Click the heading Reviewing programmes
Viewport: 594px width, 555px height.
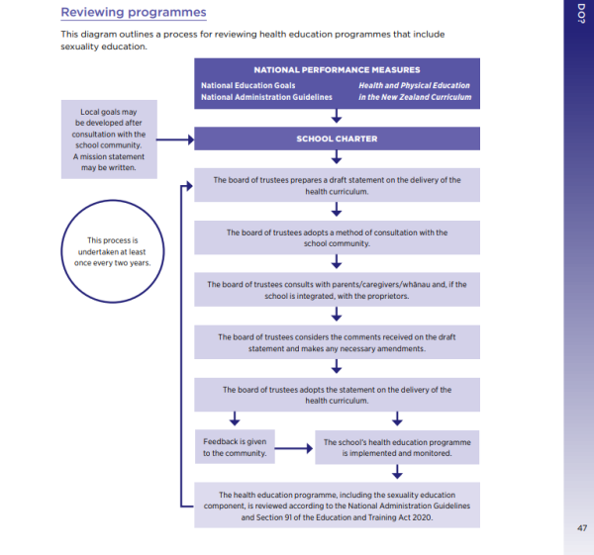point(134,13)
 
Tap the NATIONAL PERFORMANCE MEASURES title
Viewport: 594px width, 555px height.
point(337,70)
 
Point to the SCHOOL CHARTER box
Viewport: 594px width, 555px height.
point(337,139)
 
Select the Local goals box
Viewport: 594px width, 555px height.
point(110,139)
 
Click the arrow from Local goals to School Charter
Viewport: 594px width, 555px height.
point(174,139)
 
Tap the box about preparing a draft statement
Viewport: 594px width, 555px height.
point(337,185)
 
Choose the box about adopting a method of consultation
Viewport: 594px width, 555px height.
point(337,237)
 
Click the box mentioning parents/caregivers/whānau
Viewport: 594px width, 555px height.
point(337,290)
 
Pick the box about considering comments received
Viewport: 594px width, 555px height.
point(337,342)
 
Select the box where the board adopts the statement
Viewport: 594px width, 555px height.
point(337,395)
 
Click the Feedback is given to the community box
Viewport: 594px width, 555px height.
point(235,447)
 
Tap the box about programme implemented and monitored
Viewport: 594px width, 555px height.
point(396,447)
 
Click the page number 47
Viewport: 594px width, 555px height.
point(581,527)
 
